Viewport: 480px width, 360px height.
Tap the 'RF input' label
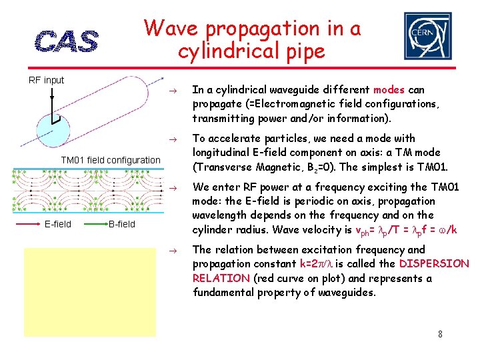pos(46,80)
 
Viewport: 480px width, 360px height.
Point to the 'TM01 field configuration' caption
pos(111,160)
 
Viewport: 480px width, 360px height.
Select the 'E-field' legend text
pos(58,224)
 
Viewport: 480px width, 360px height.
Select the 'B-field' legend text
pos(122,224)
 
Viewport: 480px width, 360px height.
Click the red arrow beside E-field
pos(28,225)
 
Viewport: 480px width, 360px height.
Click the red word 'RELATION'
pos(220,278)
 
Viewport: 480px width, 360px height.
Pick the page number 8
pos(441,333)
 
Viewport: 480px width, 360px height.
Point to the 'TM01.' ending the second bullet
pos(433,167)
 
